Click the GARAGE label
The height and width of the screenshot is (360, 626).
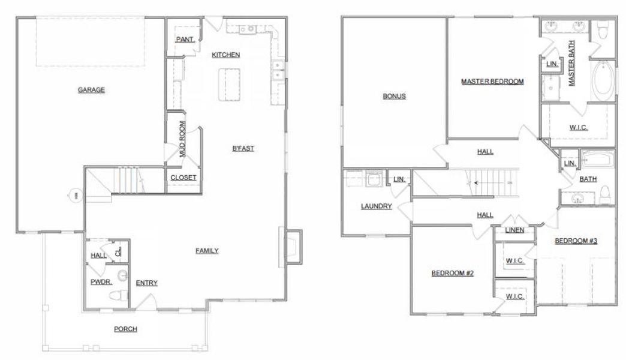[x=91, y=90]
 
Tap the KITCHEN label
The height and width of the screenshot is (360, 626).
[x=226, y=55]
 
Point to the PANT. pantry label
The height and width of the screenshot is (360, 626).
[x=183, y=40]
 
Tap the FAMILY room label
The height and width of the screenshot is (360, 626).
[x=207, y=251]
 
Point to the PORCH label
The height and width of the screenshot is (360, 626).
[x=125, y=329]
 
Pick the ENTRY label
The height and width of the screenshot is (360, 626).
[x=147, y=283]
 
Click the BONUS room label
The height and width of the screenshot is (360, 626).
[x=395, y=96]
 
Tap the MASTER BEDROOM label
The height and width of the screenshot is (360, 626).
[x=493, y=81]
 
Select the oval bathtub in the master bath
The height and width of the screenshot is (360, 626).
[x=603, y=82]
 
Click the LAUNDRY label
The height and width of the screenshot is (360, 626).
[x=377, y=206]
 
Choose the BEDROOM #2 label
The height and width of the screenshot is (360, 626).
[x=453, y=274]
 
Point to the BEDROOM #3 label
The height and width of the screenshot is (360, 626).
[x=576, y=241]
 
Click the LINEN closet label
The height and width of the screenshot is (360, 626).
[x=514, y=230]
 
